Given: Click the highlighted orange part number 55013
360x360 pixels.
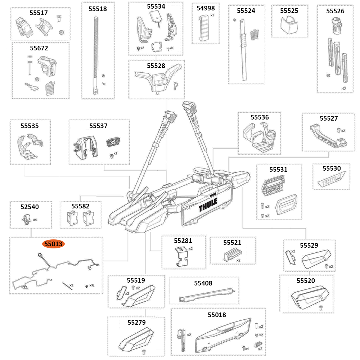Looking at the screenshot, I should (x=53, y=244).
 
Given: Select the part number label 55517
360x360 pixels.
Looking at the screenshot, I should (x=39, y=13).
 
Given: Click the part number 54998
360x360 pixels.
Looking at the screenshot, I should (x=206, y=8).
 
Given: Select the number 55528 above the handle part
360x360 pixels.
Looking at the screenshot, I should (x=156, y=66).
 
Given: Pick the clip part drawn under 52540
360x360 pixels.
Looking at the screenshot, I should (x=26, y=219).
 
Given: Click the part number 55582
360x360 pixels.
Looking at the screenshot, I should (x=80, y=206).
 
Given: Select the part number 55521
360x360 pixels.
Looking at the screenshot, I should (x=232, y=243).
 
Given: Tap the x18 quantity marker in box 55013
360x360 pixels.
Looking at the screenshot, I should (x=92, y=285).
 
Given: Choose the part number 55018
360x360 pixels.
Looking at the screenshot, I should (x=217, y=315).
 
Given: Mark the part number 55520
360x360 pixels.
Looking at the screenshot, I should (x=306, y=280).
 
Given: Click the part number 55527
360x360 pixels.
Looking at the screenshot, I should (x=329, y=118).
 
